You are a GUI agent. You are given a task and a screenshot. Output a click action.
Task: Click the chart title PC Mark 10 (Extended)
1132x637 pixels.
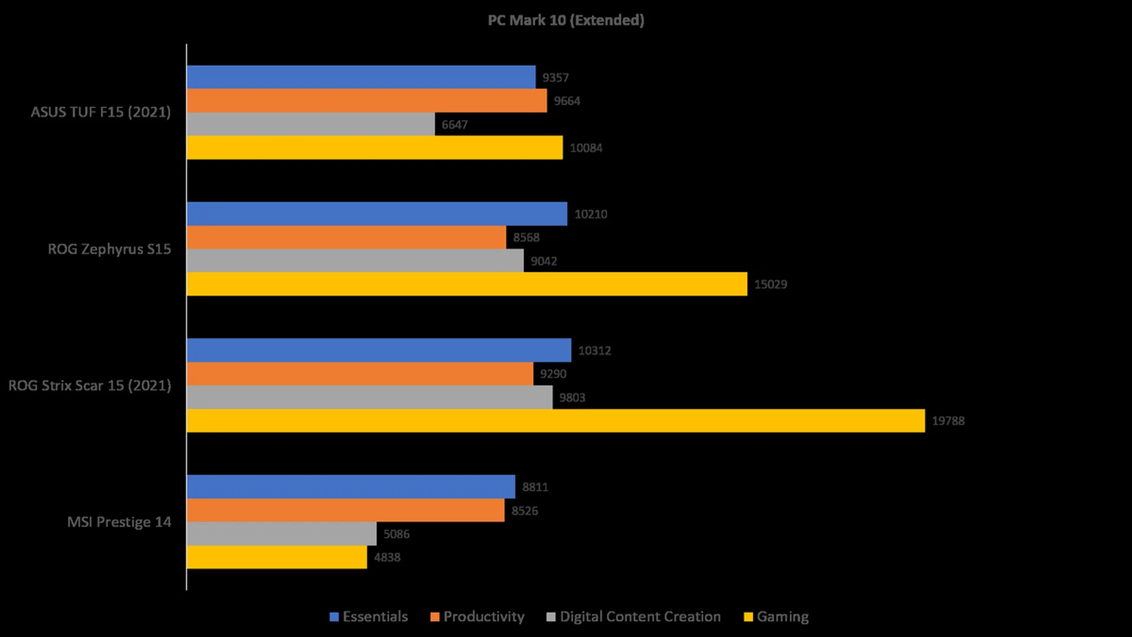[x=565, y=20]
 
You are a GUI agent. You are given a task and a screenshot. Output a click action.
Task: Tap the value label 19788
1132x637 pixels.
[x=948, y=421]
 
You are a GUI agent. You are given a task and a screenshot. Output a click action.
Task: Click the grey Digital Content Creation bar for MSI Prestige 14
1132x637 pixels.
[x=281, y=534]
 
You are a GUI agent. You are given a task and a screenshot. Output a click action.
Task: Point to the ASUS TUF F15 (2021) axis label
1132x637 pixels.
[x=101, y=112]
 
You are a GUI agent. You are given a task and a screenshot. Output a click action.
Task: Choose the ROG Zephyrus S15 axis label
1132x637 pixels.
[x=110, y=249]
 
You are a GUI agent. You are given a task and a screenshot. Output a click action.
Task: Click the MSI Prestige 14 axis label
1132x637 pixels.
[x=119, y=522]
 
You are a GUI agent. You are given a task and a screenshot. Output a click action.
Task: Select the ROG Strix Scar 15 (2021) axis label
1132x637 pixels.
[x=90, y=386]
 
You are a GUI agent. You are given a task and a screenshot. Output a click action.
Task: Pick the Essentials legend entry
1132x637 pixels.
[x=368, y=617]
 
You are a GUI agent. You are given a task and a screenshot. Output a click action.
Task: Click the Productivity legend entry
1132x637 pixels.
[x=478, y=617]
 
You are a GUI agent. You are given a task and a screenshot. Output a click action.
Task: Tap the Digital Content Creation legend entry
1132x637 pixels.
[x=634, y=617]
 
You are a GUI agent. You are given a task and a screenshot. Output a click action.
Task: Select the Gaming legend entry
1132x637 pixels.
[x=776, y=617]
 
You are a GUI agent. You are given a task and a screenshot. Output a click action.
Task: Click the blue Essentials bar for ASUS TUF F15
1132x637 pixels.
[x=361, y=77]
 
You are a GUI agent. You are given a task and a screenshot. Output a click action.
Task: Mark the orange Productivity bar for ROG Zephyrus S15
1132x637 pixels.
[x=346, y=237]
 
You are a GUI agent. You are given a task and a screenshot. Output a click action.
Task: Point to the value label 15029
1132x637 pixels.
[x=771, y=284]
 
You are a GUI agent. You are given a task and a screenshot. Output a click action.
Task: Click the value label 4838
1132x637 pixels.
[x=387, y=557]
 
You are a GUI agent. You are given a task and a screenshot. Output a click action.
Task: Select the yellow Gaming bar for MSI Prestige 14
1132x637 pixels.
[x=277, y=557]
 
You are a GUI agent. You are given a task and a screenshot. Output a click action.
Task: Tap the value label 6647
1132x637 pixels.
[x=455, y=124]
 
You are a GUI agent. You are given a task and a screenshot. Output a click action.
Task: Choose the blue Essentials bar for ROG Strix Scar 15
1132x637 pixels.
[x=379, y=350]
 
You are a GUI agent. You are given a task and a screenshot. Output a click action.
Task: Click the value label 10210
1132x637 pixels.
[x=591, y=214]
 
